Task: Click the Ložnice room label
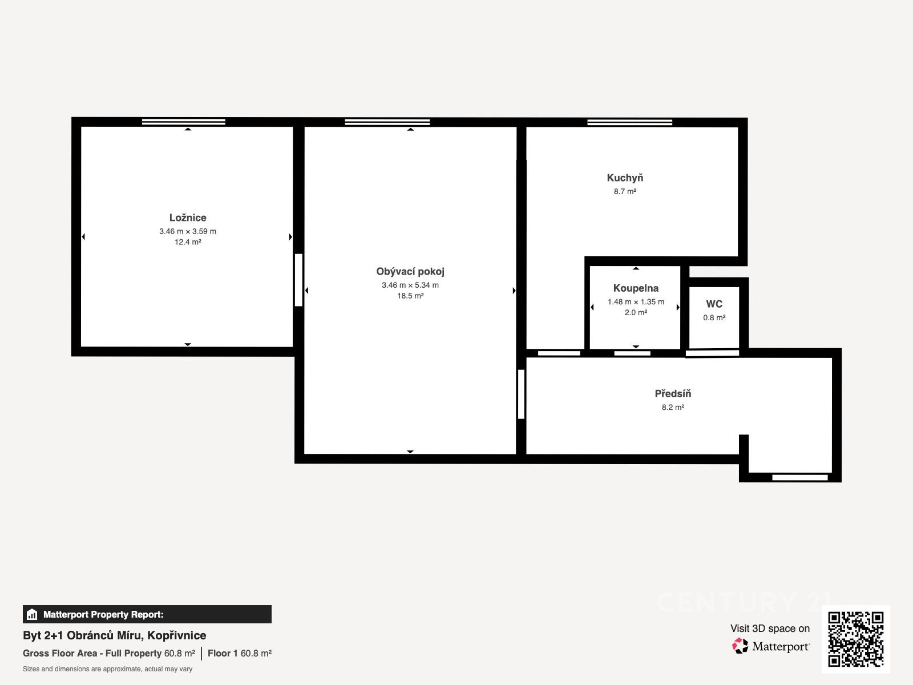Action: pyautogui.click(x=188, y=217)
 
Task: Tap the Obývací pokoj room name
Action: pyautogui.click(x=410, y=272)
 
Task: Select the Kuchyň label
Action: pyautogui.click(x=625, y=178)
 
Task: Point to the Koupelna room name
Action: pyautogui.click(x=636, y=288)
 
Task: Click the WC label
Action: pyautogui.click(x=714, y=304)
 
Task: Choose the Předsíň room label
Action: pyautogui.click(x=673, y=393)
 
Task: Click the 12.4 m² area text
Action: pyautogui.click(x=188, y=242)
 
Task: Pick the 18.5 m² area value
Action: pyautogui.click(x=410, y=296)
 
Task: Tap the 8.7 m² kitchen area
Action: pyautogui.click(x=625, y=191)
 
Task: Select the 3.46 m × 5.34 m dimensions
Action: pyautogui.click(x=410, y=285)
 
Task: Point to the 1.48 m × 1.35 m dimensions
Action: pyautogui.click(x=636, y=301)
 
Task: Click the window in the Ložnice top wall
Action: pyautogui.click(x=183, y=122)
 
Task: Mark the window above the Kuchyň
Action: pyautogui.click(x=630, y=122)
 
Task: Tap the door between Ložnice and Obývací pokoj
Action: pyautogui.click(x=298, y=280)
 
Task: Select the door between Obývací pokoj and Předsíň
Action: pyautogui.click(x=521, y=394)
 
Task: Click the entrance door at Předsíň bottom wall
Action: pyautogui.click(x=800, y=477)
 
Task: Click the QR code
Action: pyautogui.click(x=855, y=639)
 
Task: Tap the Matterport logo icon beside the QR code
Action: pyautogui.click(x=740, y=646)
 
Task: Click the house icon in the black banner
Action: pyautogui.click(x=32, y=614)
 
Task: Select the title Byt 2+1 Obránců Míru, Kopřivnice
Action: pyautogui.click(x=114, y=635)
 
